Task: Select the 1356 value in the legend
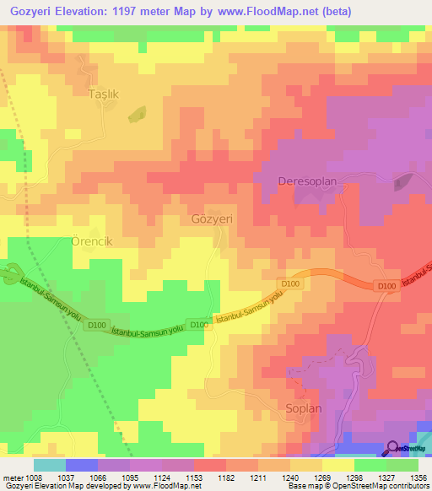tap(416, 476)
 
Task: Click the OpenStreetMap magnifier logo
tap(393, 448)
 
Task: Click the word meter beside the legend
tap(14, 476)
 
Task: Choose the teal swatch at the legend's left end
tap(49, 465)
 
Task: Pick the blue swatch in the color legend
tap(81, 465)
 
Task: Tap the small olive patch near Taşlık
tap(136, 111)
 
